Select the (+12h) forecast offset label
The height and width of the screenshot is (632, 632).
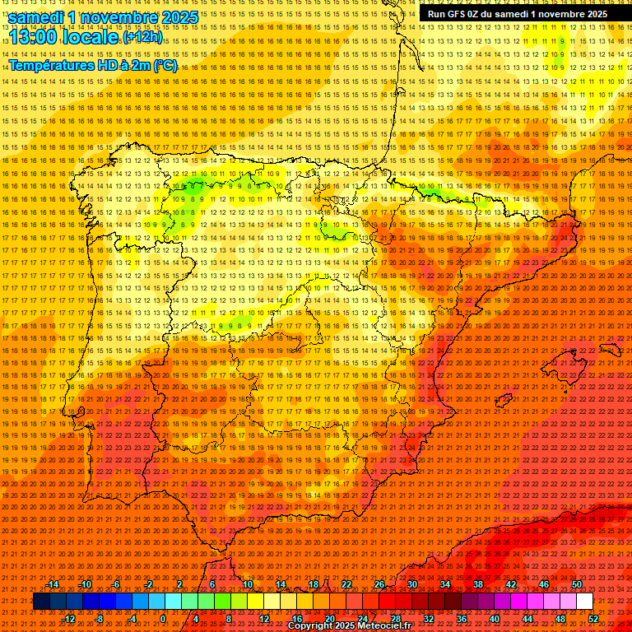pyautogui.click(x=142, y=38)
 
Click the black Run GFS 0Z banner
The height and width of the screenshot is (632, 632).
pyautogui.click(x=517, y=13)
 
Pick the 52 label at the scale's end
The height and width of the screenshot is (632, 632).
pyautogui.click(x=593, y=618)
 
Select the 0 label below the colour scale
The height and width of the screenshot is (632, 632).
pyautogui.click(x=163, y=618)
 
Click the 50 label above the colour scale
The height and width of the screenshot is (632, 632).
pyautogui.click(x=577, y=584)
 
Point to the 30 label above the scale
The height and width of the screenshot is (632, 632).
pyautogui.click(x=411, y=584)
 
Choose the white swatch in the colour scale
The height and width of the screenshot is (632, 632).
pyautogui.click(x=585, y=601)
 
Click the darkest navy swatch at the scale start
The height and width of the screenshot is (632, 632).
pyautogui.click(x=41, y=601)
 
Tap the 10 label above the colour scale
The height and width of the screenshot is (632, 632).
pyautogui.click(x=247, y=584)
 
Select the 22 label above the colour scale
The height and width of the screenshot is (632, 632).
pyautogui.click(x=346, y=584)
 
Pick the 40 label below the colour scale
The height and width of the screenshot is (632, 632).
pyautogui.click(x=495, y=618)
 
